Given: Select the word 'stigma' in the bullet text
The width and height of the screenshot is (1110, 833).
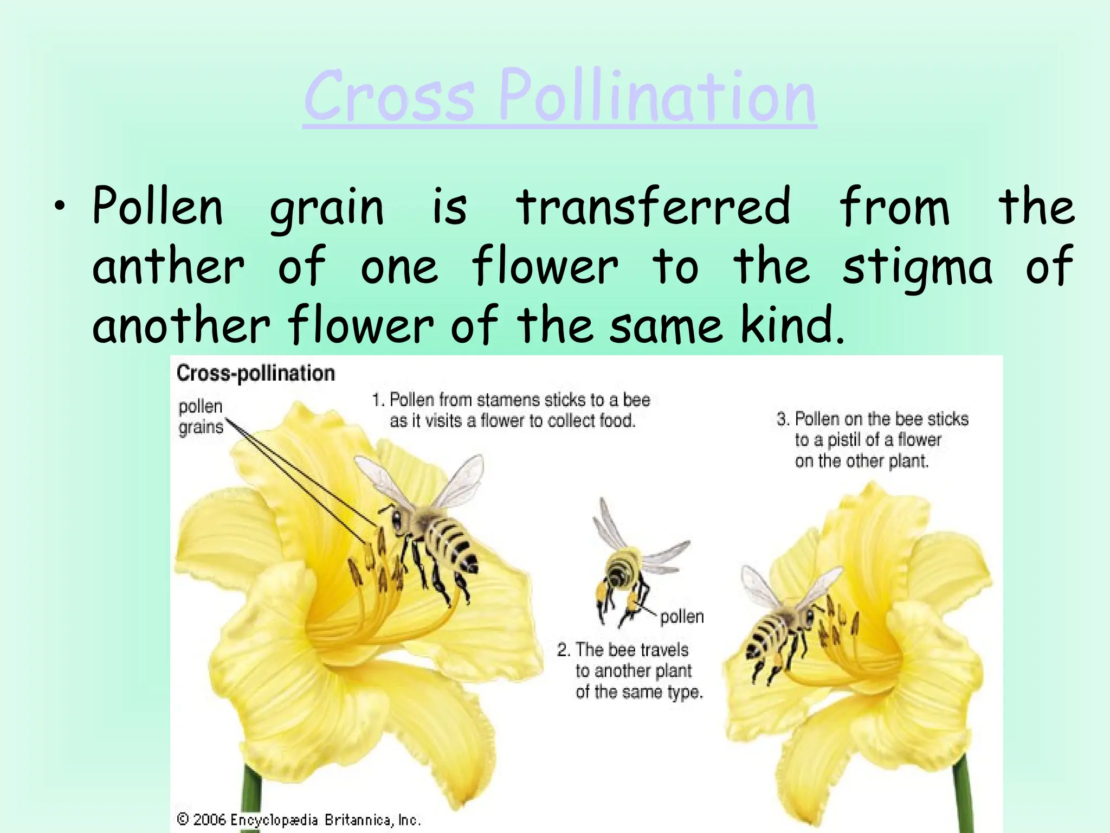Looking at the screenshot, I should (x=917, y=267).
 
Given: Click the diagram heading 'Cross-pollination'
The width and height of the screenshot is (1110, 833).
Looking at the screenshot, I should (x=256, y=373).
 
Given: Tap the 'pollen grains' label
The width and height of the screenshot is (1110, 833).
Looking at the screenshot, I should (x=201, y=416).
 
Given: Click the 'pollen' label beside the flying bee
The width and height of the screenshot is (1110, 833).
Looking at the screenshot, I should (x=682, y=617).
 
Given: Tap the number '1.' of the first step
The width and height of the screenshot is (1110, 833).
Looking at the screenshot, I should (x=378, y=400).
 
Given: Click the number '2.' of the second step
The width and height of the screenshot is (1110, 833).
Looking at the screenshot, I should (x=564, y=650).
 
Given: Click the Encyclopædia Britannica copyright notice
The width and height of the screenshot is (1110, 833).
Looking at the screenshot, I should (x=299, y=819).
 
